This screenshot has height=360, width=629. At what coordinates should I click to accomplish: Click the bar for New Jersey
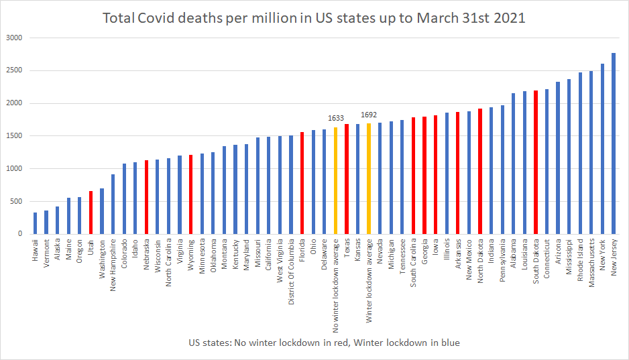pos(614,143)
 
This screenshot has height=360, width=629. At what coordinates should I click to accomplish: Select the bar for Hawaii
pos(35,223)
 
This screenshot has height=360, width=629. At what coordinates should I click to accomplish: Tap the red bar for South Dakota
pos(536,162)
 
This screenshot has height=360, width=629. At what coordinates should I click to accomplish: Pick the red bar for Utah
pos(91,213)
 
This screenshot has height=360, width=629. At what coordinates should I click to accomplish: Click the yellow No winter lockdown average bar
pos(335,180)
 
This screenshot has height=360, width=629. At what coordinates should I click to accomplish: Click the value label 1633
pos(335,118)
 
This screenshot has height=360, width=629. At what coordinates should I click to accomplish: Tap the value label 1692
pos(369,115)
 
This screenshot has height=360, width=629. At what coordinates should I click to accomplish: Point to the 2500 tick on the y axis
pos(14,70)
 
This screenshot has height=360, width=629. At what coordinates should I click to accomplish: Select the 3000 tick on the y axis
pos(14,38)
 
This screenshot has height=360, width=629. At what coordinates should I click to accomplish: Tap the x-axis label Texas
pos(347,249)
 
